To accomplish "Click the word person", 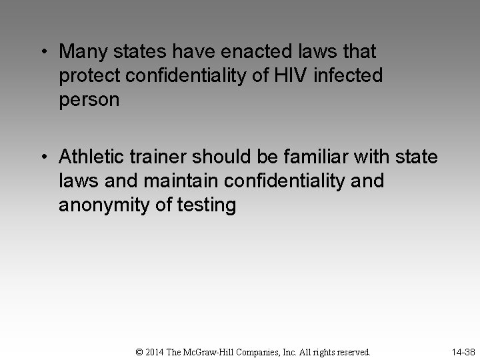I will click(x=89, y=101).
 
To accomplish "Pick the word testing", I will click(x=208, y=206).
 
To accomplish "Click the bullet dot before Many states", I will click(x=43, y=51).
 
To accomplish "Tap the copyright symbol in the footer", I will click(x=139, y=351).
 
